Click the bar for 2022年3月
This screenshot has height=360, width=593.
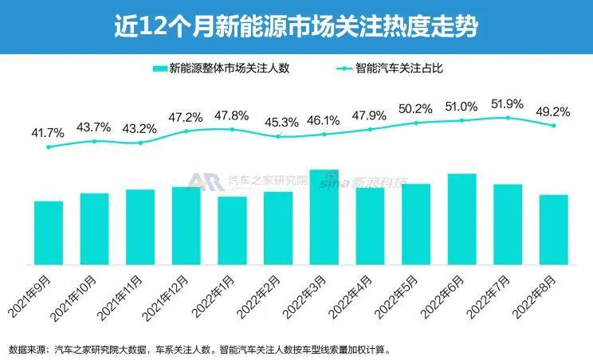click(324, 217)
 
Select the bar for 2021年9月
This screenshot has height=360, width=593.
click(48, 233)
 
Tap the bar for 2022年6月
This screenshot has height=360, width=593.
click(461, 219)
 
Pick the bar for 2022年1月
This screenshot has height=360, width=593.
click(232, 230)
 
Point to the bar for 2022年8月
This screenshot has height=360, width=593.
click(553, 229)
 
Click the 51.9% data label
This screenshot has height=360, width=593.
click(507, 103)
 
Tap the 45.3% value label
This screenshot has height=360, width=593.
click(278, 122)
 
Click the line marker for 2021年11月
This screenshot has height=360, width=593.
click(140, 143)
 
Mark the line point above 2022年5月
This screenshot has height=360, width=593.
click(415, 123)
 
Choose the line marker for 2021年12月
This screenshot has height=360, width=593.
click(187, 131)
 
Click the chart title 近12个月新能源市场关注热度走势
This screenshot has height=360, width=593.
click(296, 27)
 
